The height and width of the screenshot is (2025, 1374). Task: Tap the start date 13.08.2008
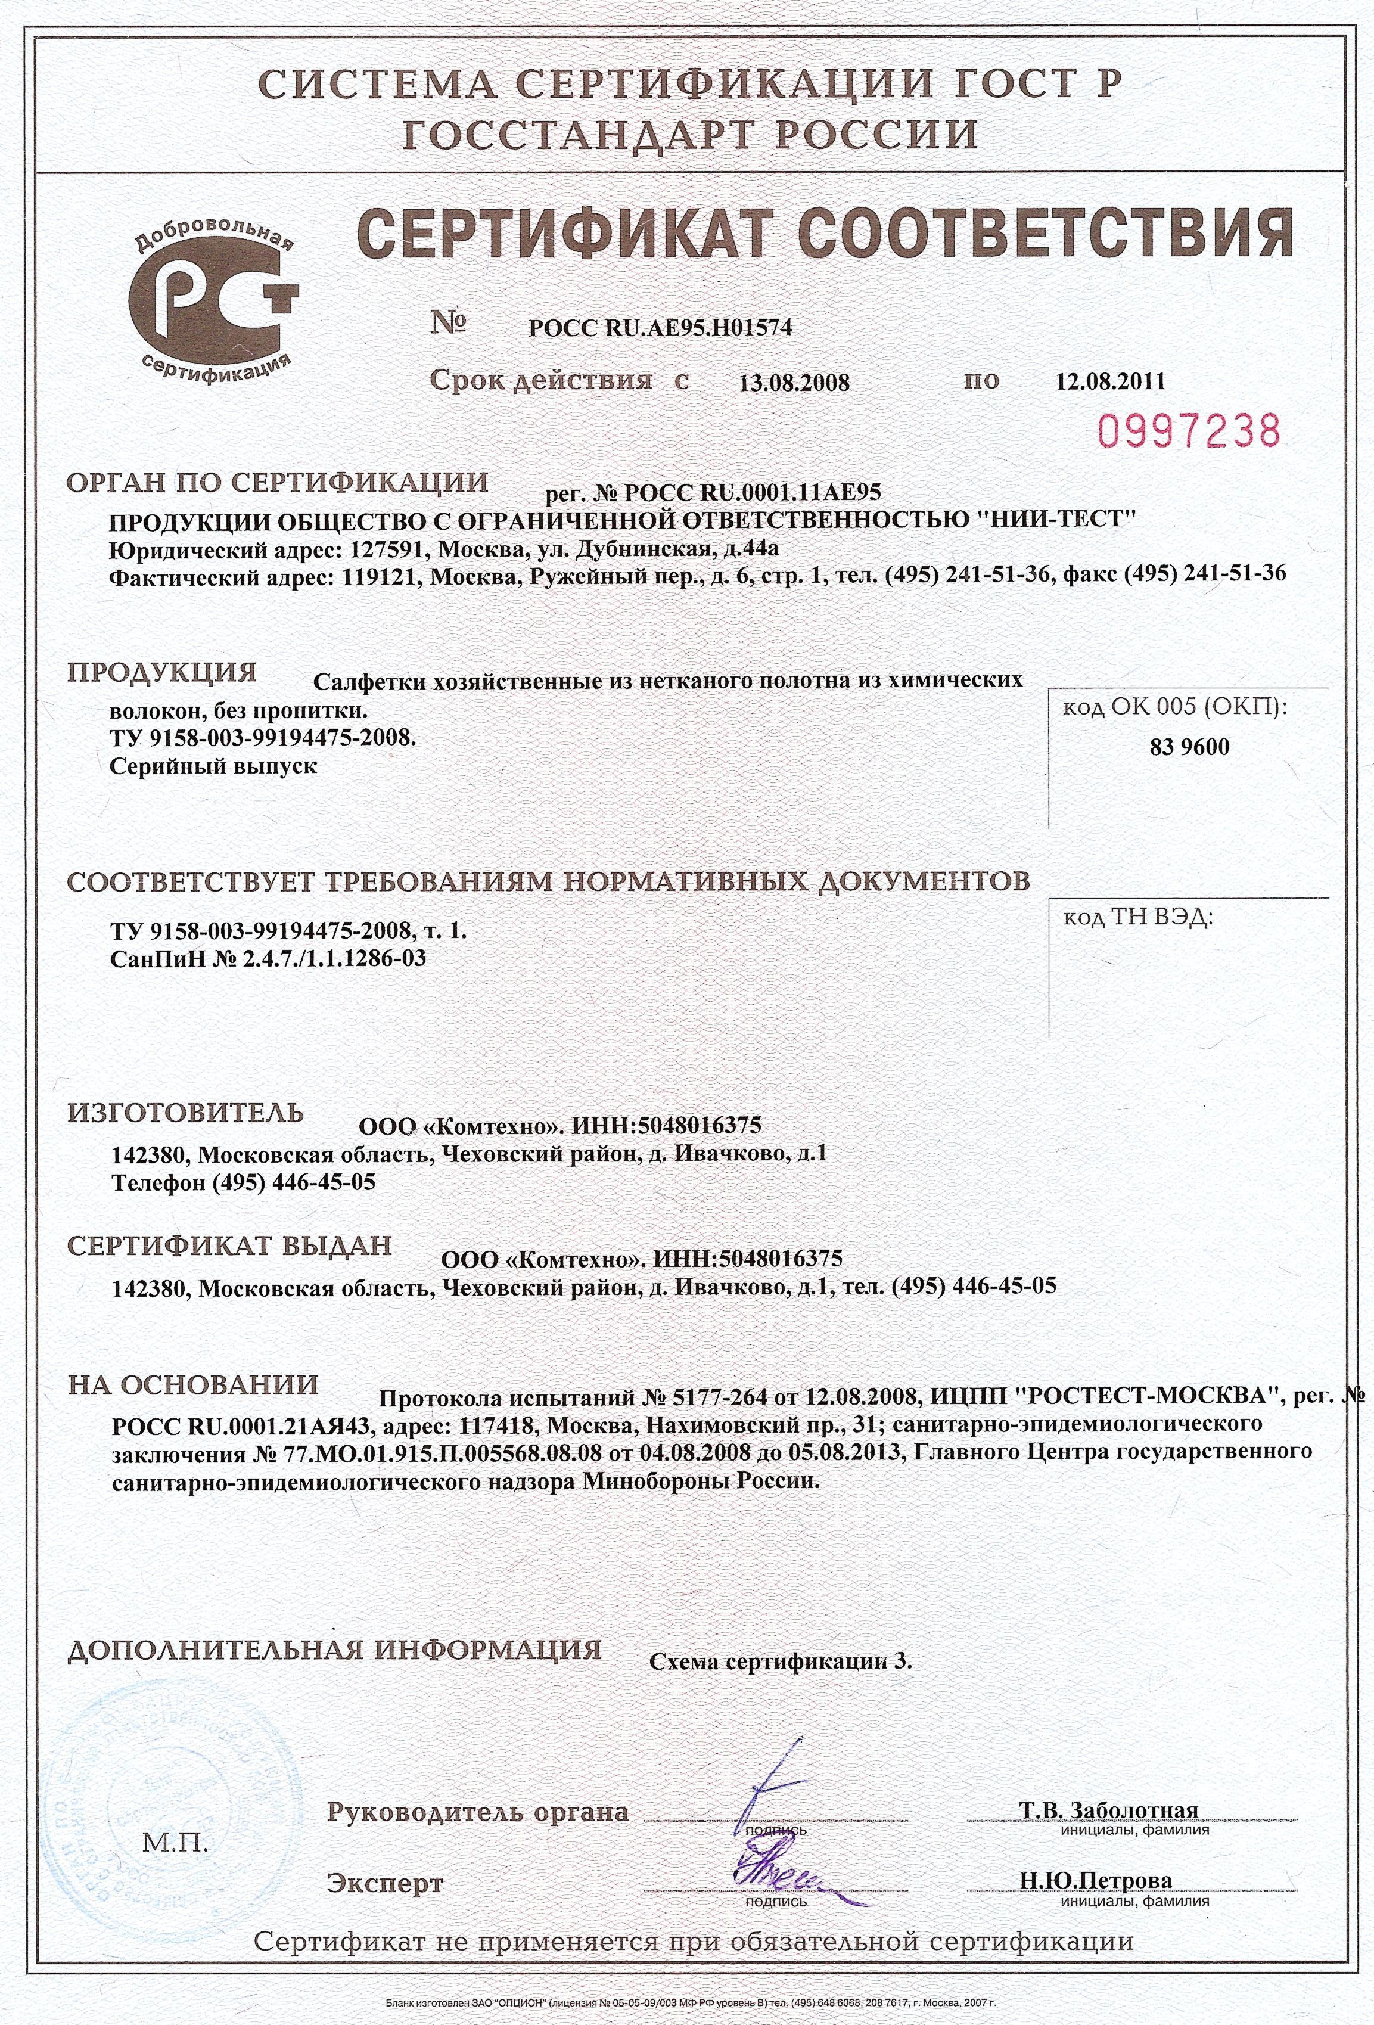(x=794, y=383)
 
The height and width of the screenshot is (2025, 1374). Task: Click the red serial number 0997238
(x=1189, y=430)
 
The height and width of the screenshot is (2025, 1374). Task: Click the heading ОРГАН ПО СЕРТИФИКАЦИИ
(x=278, y=482)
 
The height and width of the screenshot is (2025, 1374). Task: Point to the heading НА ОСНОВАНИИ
(x=194, y=1386)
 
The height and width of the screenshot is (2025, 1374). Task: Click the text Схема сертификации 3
(x=781, y=1661)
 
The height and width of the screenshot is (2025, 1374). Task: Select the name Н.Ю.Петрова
(x=1095, y=1880)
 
